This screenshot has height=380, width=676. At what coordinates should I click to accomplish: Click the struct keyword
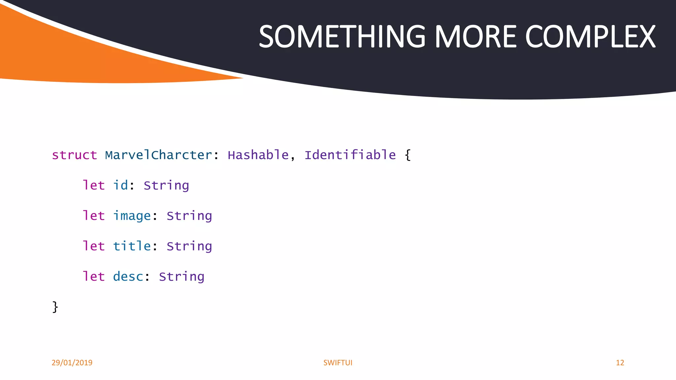tap(74, 155)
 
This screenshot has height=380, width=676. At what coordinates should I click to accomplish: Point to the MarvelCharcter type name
tap(158, 155)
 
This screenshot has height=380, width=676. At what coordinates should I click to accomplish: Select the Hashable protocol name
tap(258, 155)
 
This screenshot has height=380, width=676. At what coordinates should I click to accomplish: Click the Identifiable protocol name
tap(350, 155)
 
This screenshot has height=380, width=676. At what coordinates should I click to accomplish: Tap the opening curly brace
tap(408, 155)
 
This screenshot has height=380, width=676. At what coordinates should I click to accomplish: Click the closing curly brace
tap(55, 307)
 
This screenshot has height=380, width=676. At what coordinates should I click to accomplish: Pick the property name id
tap(120, 185)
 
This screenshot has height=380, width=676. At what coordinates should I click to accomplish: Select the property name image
tap(132, 216)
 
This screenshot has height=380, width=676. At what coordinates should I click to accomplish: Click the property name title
tap(132, 246)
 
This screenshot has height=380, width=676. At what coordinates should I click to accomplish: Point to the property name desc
tap(128, 276)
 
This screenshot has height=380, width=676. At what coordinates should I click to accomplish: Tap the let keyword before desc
tap(93, 276)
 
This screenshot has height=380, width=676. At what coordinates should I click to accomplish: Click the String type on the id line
tap(166, 185)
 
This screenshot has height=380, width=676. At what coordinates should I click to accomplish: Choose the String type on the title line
tap(189, 246)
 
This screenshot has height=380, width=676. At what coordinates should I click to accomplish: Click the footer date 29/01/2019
tap(72, 363)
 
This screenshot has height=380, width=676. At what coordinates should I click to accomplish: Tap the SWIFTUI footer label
tap(338, 363)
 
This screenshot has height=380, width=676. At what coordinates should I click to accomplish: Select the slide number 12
tap(620, 363)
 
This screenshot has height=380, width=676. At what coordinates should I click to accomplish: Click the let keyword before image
tap(93, 216)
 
